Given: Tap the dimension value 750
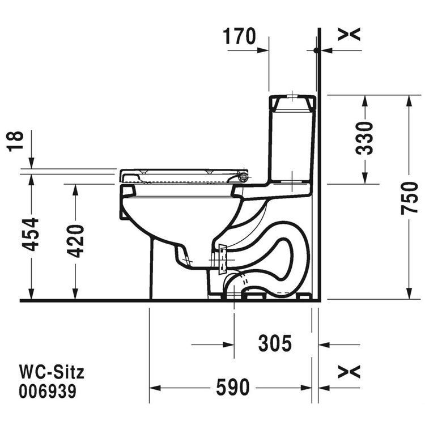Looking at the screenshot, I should coord(410,197).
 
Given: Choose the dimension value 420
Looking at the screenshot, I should coord(75,241).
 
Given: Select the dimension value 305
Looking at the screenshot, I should coord(275,343).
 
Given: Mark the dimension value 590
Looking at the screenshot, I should coord(232,388).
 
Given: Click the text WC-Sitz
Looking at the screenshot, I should coord(52,372).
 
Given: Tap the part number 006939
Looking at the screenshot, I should coord(48,391).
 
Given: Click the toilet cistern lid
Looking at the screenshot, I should coord(292,102).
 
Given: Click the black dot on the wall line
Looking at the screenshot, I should coord(316,50).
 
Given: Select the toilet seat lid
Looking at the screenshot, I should coord(181,172).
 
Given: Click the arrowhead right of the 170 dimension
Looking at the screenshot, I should coord(263,50).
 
